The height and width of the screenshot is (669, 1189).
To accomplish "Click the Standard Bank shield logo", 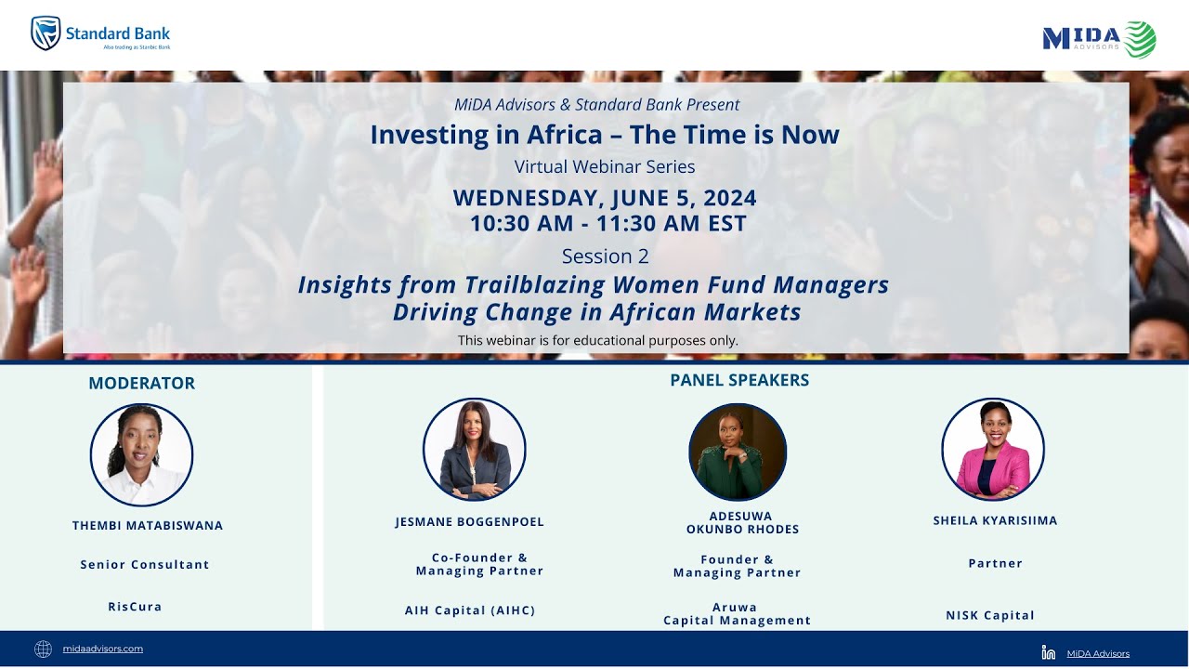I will click(x=46, y=33).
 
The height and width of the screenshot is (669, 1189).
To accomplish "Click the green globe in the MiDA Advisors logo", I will click(x=1140, y=39).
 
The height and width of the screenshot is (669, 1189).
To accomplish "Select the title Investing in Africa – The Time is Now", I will click(x=604, y=135).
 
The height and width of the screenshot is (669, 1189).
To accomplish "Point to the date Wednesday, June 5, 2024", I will click(x=604, y=198).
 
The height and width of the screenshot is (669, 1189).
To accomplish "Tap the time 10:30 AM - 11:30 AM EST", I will click(x=608, y=223).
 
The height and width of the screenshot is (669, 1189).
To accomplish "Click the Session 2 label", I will click(x=605, y=256).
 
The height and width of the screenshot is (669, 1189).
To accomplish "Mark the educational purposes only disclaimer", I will click(x=597, y=340).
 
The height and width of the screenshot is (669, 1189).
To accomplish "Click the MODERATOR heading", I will click(x=141, y=383).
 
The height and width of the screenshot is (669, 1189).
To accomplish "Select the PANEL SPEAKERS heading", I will click(x=738, y=380).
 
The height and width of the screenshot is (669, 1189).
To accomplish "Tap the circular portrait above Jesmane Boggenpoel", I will click(x=474, y=450).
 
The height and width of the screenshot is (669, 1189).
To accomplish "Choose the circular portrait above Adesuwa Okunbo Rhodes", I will click(x=738, y=452).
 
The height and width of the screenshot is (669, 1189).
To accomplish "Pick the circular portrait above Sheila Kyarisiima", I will click(x=992, y=450).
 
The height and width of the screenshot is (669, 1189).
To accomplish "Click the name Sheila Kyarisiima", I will click(x=995, y=520).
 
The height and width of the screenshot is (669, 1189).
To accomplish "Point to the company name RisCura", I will click(x=135, y=607).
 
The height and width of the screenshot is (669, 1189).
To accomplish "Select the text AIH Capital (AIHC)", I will click(x=470, y=610).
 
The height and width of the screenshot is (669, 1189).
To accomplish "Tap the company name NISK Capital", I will click(x=989, y=615).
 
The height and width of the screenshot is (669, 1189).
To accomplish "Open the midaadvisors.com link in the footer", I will click(x=103, y=649).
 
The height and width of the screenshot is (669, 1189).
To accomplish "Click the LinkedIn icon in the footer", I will click(x=1049, y=652).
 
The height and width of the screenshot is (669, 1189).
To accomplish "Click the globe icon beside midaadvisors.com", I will click(x=43, y=649).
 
